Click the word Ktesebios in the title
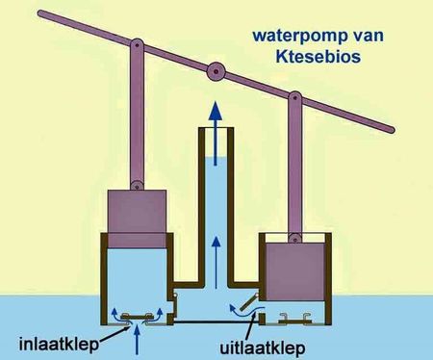tap(318, 57)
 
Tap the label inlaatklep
tap(59, 345)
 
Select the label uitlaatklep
tap(263, 347)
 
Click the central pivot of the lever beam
tap(216, 71)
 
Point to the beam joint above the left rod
tap(137, 46)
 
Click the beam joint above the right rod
tap(294, 98)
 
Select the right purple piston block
tap(294, 271)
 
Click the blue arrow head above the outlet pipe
tap(216, 111)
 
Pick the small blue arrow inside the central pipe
tap(216, 262)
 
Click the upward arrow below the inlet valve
tap(138, 343)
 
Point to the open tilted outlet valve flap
tap(249, 302)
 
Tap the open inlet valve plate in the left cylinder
tap(138, 317)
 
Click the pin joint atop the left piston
tap(137, 185)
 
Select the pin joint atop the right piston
tap(294, 238)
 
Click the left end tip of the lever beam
tap(40, 13)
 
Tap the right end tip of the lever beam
tap(391, 130)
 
